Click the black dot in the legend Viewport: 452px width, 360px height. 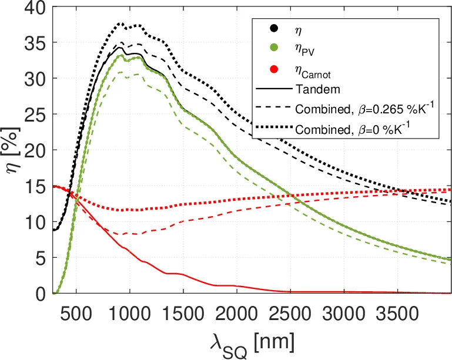(273, 28)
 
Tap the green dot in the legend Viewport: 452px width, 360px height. (273, 49)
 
